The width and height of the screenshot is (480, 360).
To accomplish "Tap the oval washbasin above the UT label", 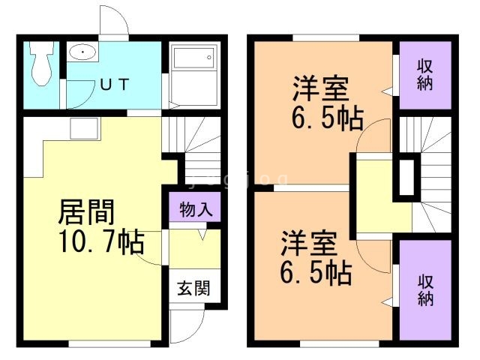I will (x=80, y=53).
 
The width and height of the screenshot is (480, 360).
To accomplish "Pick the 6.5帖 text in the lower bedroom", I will (x=316, y=273).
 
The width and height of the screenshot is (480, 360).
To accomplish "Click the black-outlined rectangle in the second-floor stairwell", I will (x=408, y=177).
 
